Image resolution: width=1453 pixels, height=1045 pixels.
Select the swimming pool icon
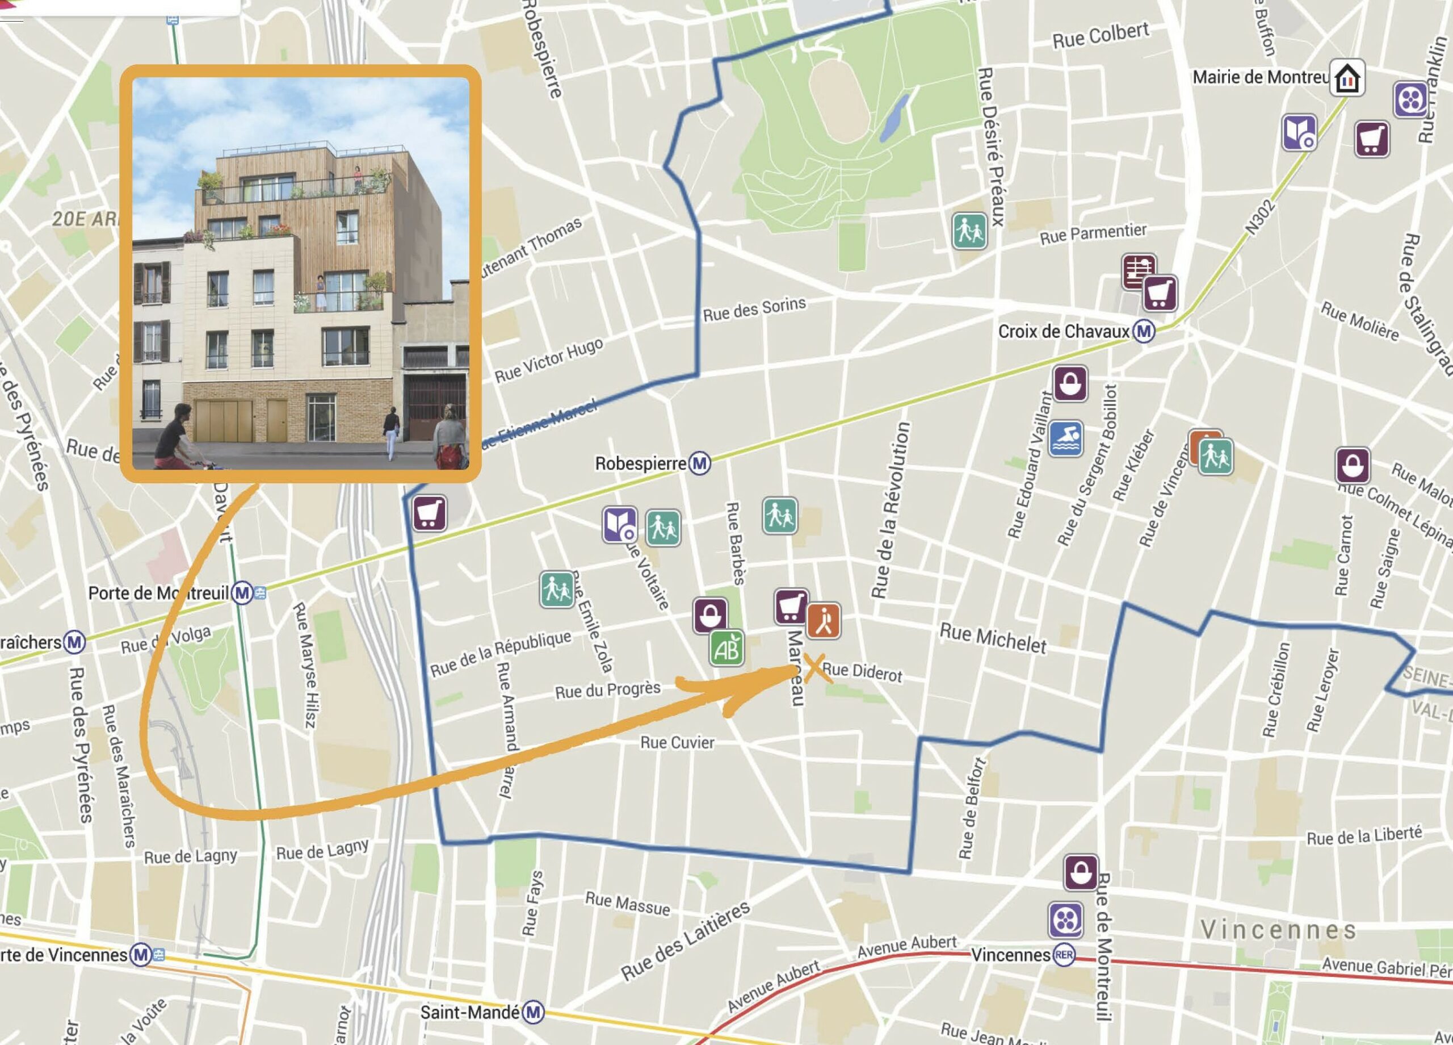point(1066,438)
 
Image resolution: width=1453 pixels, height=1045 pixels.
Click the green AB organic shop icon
point(726,648)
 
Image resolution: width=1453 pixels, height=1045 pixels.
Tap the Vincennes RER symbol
point(1064,955)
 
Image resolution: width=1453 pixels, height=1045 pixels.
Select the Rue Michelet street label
point(993,638)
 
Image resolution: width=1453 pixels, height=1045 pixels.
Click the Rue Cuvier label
point(677,742)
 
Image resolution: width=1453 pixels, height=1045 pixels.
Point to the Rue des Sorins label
point(754,309)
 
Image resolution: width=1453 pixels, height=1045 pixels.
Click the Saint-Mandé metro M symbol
point(534,1012)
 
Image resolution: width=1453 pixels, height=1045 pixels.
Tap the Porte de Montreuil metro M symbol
point(242,592)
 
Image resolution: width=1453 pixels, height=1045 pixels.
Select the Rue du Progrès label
point(607,690)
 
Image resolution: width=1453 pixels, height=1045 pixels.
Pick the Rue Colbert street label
point(1101,36)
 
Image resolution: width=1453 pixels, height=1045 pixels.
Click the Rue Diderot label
point(862,672)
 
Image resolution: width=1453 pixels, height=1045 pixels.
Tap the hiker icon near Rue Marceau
point(823,620)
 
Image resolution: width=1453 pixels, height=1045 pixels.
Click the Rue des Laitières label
point(686,940)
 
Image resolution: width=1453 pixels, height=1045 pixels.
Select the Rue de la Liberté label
point(1364,836)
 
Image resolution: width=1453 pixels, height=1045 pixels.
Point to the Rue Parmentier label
point(1093,234)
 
